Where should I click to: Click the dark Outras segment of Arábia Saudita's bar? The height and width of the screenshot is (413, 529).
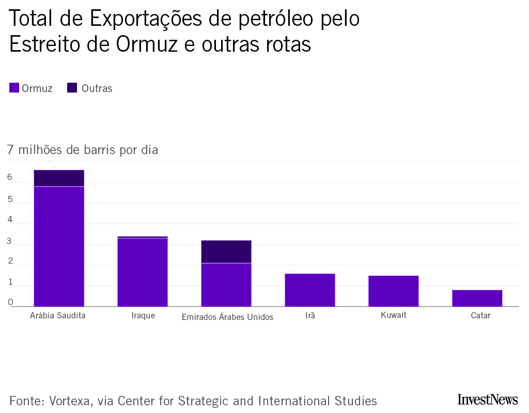pyautogui.click(x=59, y=178)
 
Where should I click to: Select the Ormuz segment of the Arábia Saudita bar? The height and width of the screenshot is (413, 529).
pyautogui.click(x=59, y=246)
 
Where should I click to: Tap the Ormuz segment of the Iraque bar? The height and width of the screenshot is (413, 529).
pyautogui.click(x=143, y=272)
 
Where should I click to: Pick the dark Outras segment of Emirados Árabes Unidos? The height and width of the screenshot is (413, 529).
pyautogui.click(x=226, y=252)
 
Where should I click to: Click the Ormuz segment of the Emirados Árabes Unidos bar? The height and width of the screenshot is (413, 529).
pyautogui.click(x=226, y=285)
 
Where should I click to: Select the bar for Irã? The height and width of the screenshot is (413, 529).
pyautogui.click(x=310, y=290)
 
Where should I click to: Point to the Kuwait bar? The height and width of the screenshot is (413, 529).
pyautogui.click(x=393, y=291)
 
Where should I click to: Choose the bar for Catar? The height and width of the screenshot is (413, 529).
pyautogui.click(x=477, y=298)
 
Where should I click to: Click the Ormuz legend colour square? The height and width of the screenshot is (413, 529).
pyautogui.click(x=14, y=88)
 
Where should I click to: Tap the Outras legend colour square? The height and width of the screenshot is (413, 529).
pyautogui.click(x=72, y=88)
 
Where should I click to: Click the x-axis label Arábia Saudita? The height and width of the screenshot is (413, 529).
pyautogui.click(x=57, y=315)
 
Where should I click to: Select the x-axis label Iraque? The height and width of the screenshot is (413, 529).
pyautogui.click(x=143, y=315)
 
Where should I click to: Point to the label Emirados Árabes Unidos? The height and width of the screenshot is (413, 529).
pyautogui.click(x=227, y=317)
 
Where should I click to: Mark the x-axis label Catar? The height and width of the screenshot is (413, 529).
pyautogui.click(x=480, y=315)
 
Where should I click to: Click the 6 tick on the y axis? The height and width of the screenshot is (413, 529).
pyautogui.click(x=10, y=177)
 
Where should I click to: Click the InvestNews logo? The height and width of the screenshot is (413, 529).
pyautogui.click(x=487, y=400)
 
